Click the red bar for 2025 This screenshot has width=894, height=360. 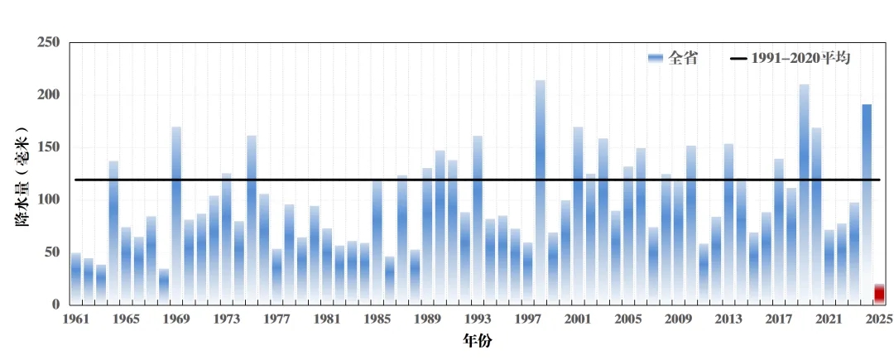[x=879, y=294]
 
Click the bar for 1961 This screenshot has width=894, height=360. [x=76, y=278]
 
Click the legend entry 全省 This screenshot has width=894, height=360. [x=683, y=58]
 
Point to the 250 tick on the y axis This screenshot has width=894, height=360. [x=49, y=43]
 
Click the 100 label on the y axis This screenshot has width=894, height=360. [x=49, y=200]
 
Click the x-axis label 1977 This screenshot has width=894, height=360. [x=277, y=319]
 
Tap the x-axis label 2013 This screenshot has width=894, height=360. [x=728, y=319]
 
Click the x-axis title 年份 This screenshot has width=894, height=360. [x=478, y=340]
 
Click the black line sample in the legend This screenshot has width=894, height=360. [x=738, y=58]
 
